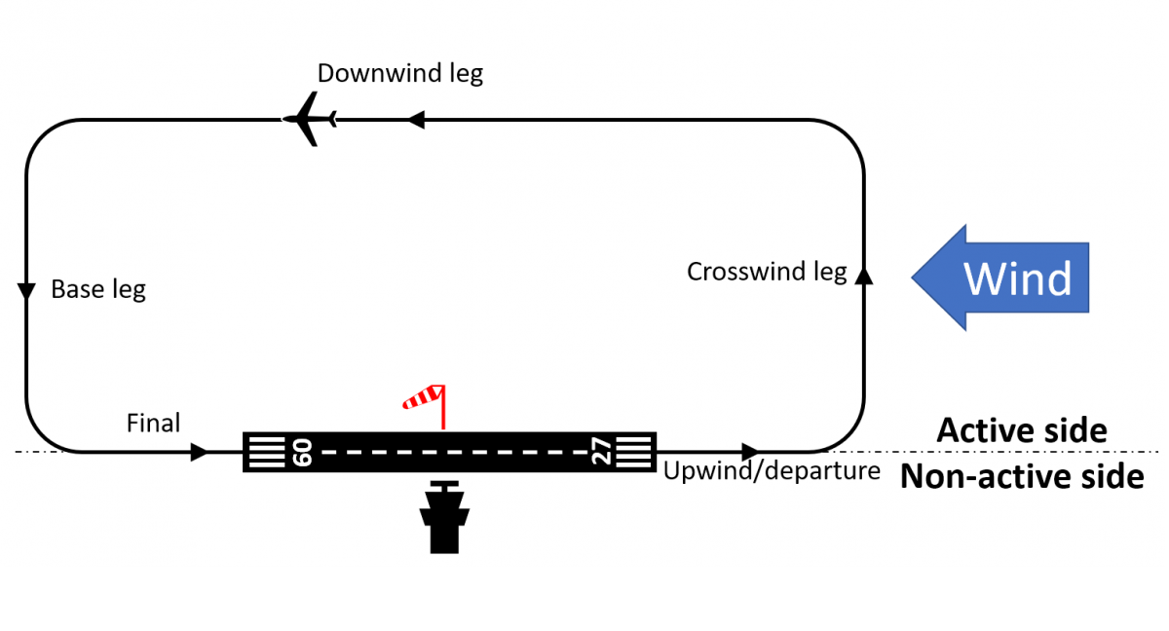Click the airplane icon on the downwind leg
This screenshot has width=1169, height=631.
(310, 119)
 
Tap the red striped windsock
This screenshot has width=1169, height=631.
(426, 398)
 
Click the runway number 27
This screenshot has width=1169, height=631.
(603, 452)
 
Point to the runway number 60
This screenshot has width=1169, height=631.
(301, 452)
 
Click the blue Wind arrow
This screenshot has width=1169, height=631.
(999, 278)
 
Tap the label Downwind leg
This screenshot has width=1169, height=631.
(399, 74)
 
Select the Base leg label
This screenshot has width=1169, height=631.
(98, 289)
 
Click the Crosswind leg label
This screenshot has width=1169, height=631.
(767, 272)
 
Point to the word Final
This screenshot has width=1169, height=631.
(154, 423)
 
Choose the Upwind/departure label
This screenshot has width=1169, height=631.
(772, 471)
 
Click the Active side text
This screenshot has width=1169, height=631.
(1022, 430)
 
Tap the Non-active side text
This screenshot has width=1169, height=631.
(1022, 477)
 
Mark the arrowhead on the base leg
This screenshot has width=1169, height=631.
(27, 291)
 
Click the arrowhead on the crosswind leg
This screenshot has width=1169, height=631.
(863, 276)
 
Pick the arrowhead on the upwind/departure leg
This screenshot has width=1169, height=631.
(750, 452)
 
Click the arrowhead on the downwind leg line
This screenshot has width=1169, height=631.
(416, 120)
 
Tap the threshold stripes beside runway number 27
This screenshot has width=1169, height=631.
(634, 452)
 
